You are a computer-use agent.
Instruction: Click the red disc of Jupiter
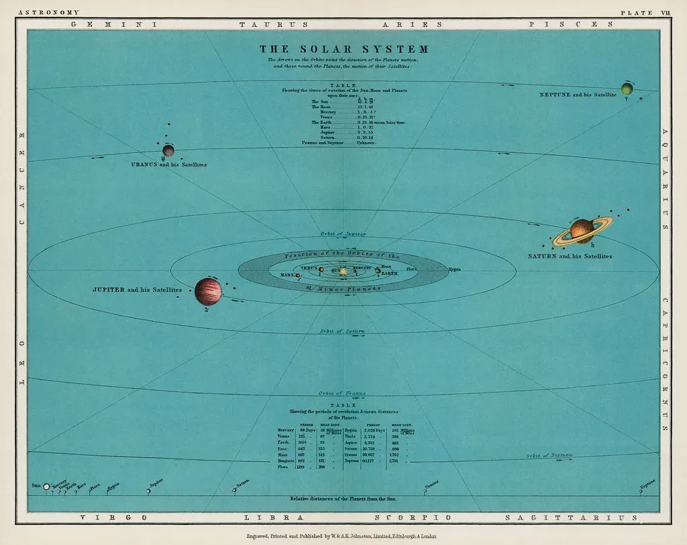click(208, 292)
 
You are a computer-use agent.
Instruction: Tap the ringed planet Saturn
click(582, 230)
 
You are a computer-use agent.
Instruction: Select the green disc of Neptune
click(627, 89)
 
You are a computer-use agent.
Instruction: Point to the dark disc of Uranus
click(168, 150)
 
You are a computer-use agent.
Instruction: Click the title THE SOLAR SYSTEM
click(343, 49)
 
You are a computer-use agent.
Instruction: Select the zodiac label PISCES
click(571, 24)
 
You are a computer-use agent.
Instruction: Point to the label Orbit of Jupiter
click(343, 234)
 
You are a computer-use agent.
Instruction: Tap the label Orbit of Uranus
click(343, 393)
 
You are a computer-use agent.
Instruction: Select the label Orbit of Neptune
click(549, 455)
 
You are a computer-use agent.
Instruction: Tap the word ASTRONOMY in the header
click(49, 12)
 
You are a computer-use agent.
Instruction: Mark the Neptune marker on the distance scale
click(641, 491)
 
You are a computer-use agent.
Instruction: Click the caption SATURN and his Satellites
click(570, 256)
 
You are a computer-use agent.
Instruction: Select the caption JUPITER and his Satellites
click(137, 290)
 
